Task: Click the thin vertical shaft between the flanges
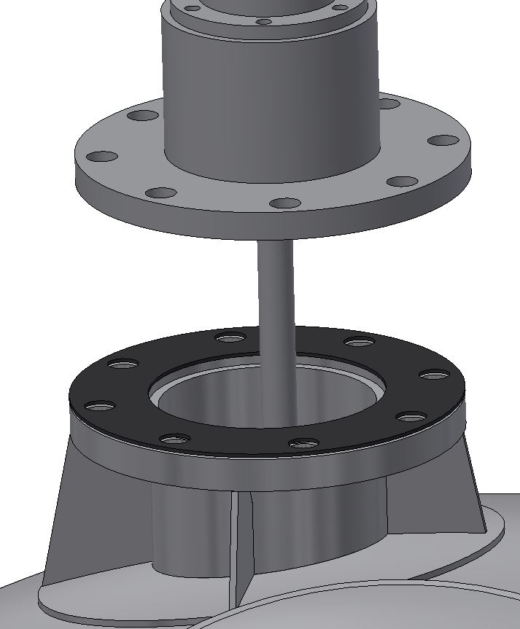click(276, 292)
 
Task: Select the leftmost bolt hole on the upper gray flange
click(104, 157)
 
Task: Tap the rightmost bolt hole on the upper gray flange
click(442, 140)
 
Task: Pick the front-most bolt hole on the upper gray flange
click(284, 203)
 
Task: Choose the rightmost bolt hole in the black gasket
click(435, 375)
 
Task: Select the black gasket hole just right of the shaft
click(358, 343)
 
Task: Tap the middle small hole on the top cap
click(264, 22)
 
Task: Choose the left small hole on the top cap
click(192, 9)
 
